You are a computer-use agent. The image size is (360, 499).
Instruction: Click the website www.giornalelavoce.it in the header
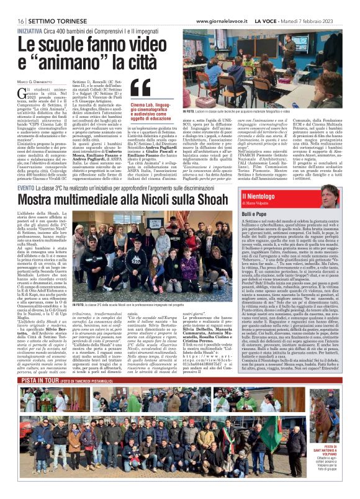[x=224, y=21]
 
